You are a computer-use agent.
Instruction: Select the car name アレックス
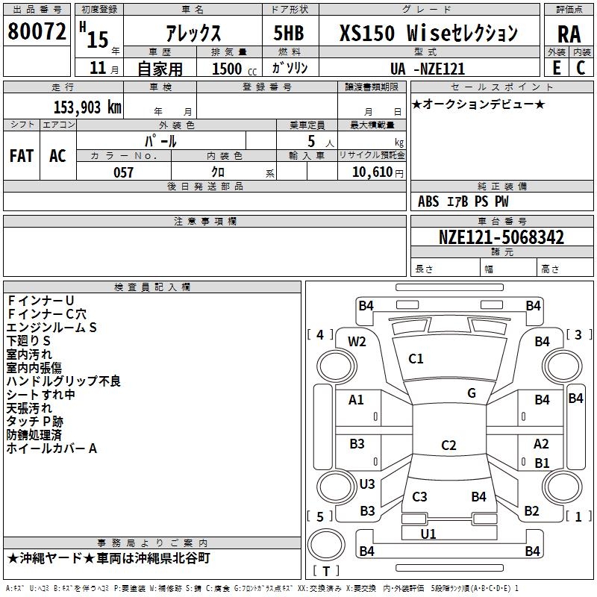(x=192, y=34)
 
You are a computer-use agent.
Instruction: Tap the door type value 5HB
(x=289, y=34)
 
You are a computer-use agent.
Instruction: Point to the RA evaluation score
(x=569, y=34)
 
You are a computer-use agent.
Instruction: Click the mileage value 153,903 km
(x=87, y=107)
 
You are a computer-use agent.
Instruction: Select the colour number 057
(x=123, y=172)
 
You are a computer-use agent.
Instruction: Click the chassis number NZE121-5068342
(x=501, y=238)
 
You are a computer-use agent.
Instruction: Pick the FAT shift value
(x=22, y=156)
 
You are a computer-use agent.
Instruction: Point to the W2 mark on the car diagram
(x=357, y=342)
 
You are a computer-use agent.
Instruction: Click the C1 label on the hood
(x=416, y=359)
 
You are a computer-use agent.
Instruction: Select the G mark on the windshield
(x=472, y=393)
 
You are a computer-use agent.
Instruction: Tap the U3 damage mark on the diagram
(x=367, y=484)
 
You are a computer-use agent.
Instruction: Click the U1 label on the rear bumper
(x=428, y=534)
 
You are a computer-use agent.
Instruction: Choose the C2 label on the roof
(x=448, y=446)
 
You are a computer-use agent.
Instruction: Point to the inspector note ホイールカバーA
(x=52, y=449)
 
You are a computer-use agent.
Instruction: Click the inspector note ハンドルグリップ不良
(x=63, y=381)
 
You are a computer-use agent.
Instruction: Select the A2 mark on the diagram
(x=542, y=443)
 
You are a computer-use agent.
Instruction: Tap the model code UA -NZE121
(x=428, y=69)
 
